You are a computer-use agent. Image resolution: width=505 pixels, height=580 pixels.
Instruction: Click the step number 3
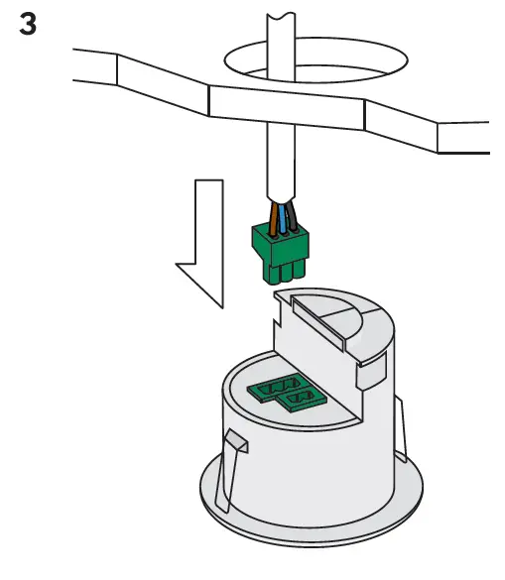[29, 25]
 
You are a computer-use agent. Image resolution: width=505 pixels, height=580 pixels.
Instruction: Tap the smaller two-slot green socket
[303, 399]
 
